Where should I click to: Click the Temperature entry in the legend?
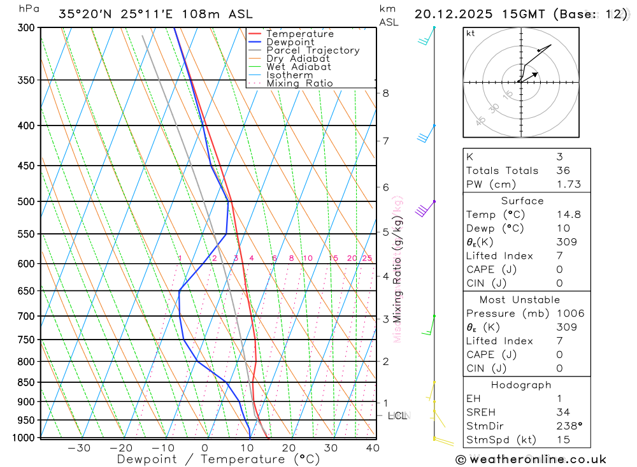point(299,34)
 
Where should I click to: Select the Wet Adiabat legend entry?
point(298,67)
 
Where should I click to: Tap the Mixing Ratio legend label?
point(299,83)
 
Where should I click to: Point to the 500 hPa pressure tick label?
point(27,201)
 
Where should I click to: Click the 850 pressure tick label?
point(27,382)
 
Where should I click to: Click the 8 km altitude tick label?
point(385,93)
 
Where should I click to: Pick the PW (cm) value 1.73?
point(568,184)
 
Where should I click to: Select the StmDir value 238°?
point(568,426)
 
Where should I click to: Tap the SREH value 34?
point(562,412)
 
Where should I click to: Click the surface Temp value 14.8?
point(568,215)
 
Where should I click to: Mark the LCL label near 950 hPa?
point(397,416)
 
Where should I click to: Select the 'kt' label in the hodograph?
point(471,33)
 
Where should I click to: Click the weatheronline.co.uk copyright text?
point(531,459)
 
